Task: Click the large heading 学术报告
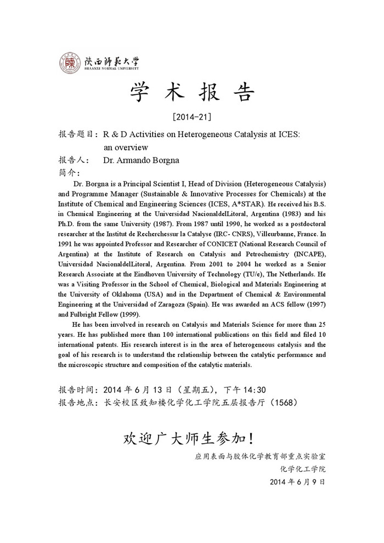coord(192,93)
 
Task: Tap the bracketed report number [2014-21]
coord(191,117)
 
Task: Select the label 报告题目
coord(77,134)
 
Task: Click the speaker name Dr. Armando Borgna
coord(142,161)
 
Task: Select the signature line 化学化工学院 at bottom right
coord(303,469)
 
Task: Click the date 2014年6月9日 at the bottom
coord(298,482)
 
